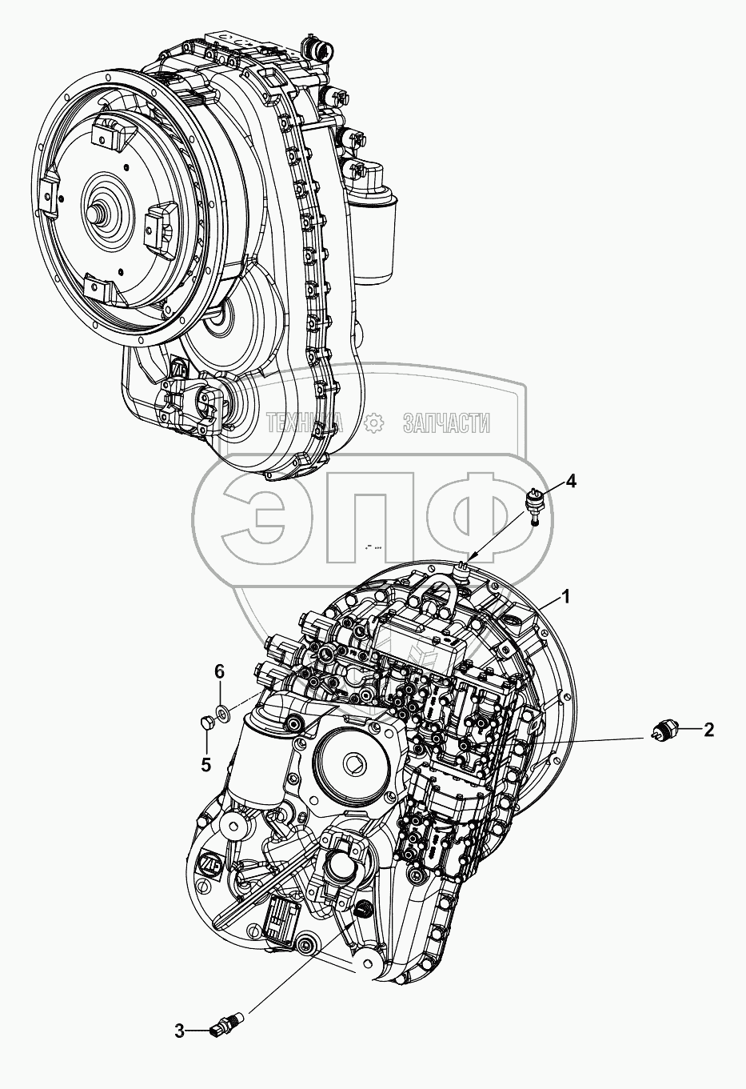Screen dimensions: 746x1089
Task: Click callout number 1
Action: (x=564, y=597)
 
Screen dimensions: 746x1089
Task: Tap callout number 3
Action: (x=180, y=1055)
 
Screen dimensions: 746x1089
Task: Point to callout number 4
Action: (x=571, y=482)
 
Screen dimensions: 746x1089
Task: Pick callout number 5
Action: (x=206, y=765)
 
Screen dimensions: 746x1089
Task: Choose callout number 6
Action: (x=220, y=672)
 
